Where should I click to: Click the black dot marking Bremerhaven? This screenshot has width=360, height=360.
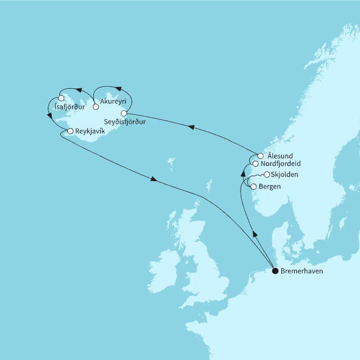coord(275,271)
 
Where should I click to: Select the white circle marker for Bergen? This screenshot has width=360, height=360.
coord(254,187)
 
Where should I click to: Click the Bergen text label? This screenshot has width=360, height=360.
coord(271,187)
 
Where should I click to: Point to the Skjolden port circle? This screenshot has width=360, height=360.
coord(267,175)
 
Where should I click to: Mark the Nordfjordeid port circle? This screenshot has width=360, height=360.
coord(255,164)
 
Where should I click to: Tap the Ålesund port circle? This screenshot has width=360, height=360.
coord(260,156)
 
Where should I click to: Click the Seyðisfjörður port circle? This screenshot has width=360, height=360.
coord(124,113)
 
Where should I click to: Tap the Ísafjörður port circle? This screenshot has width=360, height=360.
coord(61,98)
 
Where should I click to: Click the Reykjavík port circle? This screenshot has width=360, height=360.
coord(70,131)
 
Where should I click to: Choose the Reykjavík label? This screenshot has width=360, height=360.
coord(90,131)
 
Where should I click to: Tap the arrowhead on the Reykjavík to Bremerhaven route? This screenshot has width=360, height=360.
coord(154,179)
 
